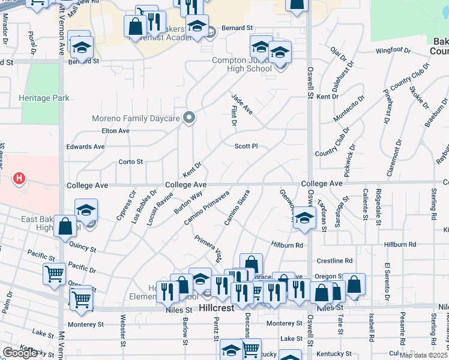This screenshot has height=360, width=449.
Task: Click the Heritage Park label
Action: (44, 98)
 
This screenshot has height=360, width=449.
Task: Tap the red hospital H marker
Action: (20, 178)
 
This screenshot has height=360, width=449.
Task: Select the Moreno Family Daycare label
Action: (136, 118)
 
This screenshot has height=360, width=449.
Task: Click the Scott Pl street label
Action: (246, 146)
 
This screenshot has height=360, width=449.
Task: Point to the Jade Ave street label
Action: (243, 104)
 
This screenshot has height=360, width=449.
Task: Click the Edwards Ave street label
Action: (85, 146)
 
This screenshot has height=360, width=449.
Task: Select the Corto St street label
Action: (130, 161)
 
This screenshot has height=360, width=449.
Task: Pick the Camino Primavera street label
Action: (207, 207)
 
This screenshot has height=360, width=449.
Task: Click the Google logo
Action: (20, 353)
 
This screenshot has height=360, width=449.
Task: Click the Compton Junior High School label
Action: (241, 64)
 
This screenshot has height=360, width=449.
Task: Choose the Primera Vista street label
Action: (208, 248)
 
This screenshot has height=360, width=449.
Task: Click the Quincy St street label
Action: (82, 247)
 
